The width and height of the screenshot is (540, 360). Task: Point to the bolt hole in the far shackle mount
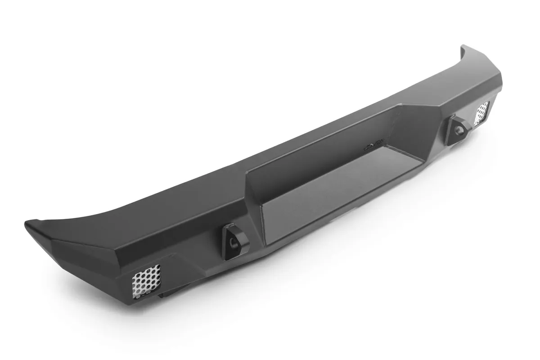pos(459,129)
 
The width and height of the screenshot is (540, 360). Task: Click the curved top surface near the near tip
pos(90,225)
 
